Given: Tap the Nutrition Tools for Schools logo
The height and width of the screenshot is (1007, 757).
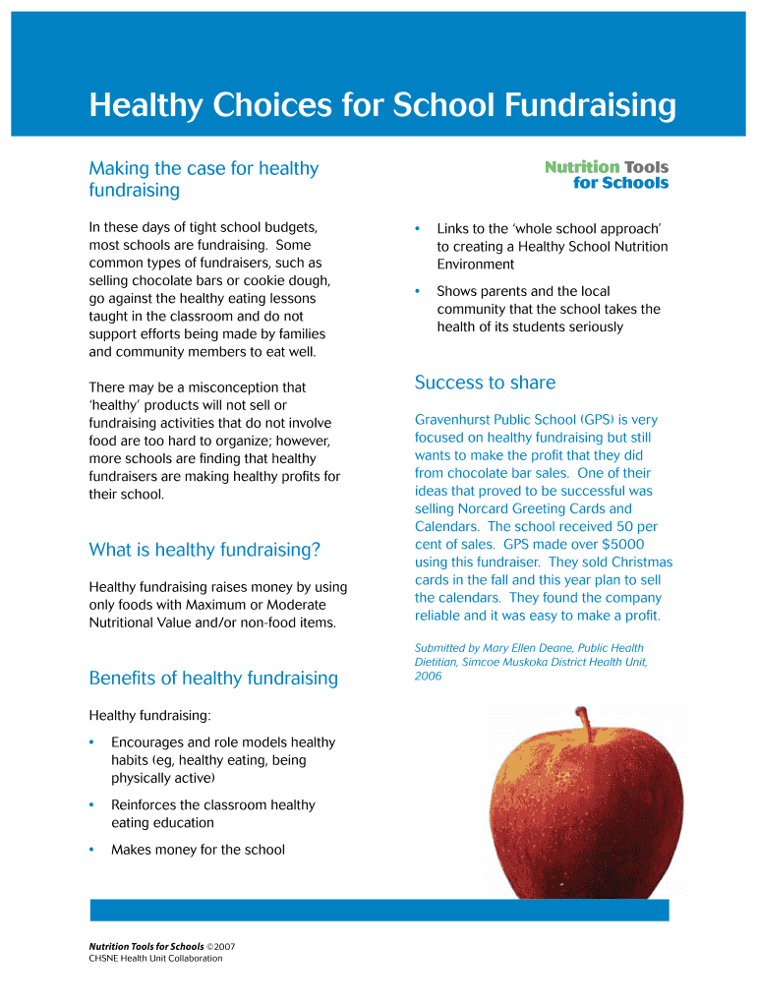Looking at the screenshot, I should (607, 175).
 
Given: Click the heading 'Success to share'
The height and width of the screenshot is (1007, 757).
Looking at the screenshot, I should (485, 383).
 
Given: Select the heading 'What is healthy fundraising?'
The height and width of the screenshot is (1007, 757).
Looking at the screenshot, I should (204, 550).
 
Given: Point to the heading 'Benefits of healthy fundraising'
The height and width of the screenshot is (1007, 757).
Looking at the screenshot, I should (213, 678).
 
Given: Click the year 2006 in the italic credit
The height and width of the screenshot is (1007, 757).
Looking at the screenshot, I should (429, 676).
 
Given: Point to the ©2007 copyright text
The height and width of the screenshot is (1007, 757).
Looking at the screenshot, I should (221, 947).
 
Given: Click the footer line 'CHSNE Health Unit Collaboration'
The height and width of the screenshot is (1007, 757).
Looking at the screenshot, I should (155, 959).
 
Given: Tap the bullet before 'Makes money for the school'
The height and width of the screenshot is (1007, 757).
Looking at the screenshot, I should (91, 850).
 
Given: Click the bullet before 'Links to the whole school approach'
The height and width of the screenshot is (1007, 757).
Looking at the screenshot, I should (417, 229).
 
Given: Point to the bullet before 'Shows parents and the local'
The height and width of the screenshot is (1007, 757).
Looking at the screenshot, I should (417, 291).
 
